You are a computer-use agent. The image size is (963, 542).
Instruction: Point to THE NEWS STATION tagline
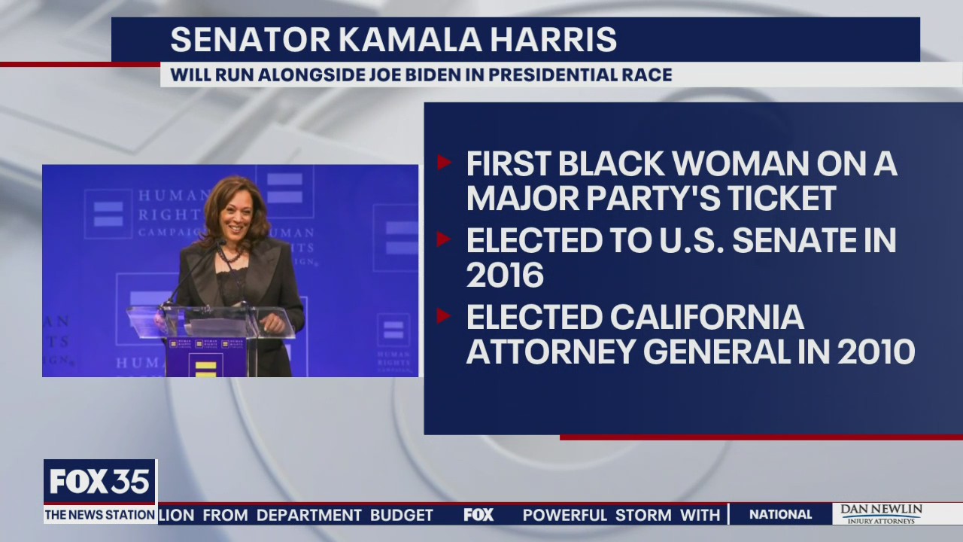click(99, 516)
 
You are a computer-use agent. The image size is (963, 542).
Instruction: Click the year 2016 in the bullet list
click(505, 276)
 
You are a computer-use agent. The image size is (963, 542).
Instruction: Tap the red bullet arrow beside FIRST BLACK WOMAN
click(444, 163)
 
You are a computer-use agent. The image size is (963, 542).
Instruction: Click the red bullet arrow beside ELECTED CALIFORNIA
click(444, 315)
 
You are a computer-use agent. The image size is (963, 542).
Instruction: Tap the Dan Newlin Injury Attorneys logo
click(880, 514)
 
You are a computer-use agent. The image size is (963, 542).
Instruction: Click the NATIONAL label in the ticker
click(781, 515)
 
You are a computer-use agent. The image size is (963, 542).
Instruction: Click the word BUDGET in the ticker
click(401, 515)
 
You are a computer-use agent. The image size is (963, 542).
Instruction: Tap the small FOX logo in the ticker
click(478, 515)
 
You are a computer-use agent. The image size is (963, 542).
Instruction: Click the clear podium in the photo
click(211, 322)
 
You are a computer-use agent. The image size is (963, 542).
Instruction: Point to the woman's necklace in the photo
click(229, 255)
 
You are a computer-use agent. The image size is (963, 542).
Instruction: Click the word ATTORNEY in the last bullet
click(561, 352)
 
